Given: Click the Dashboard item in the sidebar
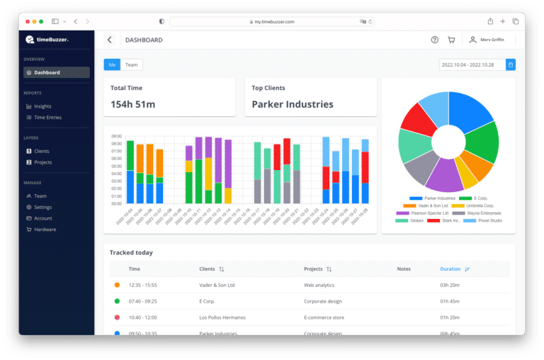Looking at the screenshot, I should [47, 72].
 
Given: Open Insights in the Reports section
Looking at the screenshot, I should [42, 106].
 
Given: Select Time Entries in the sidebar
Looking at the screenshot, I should [47, 118].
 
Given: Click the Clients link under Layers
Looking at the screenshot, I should [42, 151].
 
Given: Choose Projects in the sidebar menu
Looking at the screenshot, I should [42, 162].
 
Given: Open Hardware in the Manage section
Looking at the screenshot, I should [45, 230].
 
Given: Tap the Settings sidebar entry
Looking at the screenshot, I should [42, 207].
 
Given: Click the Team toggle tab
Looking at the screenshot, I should [132, 64].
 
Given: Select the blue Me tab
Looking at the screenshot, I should [112, 64].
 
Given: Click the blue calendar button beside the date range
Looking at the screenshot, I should [511, 64].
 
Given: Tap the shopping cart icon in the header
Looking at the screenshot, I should [452, 40].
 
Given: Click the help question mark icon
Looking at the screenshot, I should [435, 40].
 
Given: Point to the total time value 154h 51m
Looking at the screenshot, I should [133, 104].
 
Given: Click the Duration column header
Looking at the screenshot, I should [450, 269].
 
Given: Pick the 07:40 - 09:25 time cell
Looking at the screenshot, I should [143, 301].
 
